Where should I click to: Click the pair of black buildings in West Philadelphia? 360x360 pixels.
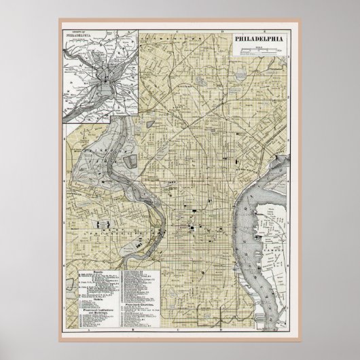[x=103, y=224]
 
